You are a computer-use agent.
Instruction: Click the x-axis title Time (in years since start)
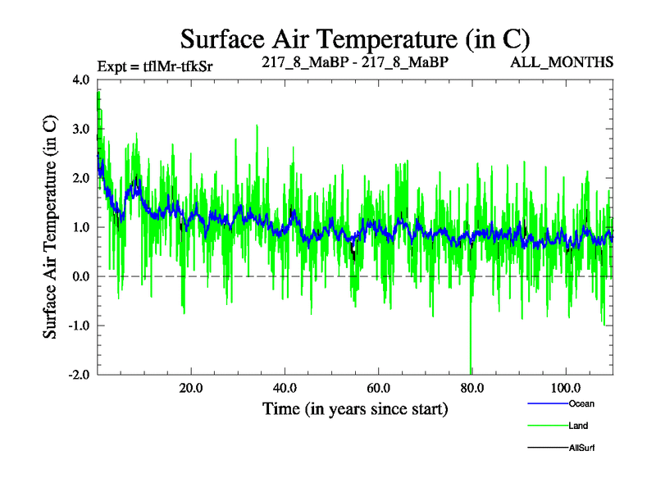coord(355,408)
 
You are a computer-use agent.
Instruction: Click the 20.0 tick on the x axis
coord(191,388)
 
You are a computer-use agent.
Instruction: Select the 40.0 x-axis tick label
coord(285,388)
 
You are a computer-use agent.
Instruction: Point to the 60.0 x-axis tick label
coord(378,388)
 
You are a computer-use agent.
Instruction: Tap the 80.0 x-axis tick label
coord(471,388)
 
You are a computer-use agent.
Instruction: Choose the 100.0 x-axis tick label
coord(565,388)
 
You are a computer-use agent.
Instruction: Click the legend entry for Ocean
coord(581,403)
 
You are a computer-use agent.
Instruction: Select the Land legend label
coord(577,426)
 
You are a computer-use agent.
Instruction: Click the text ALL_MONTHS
coord(563,62)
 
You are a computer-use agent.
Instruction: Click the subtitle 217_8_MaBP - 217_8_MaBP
coord(355,62)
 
